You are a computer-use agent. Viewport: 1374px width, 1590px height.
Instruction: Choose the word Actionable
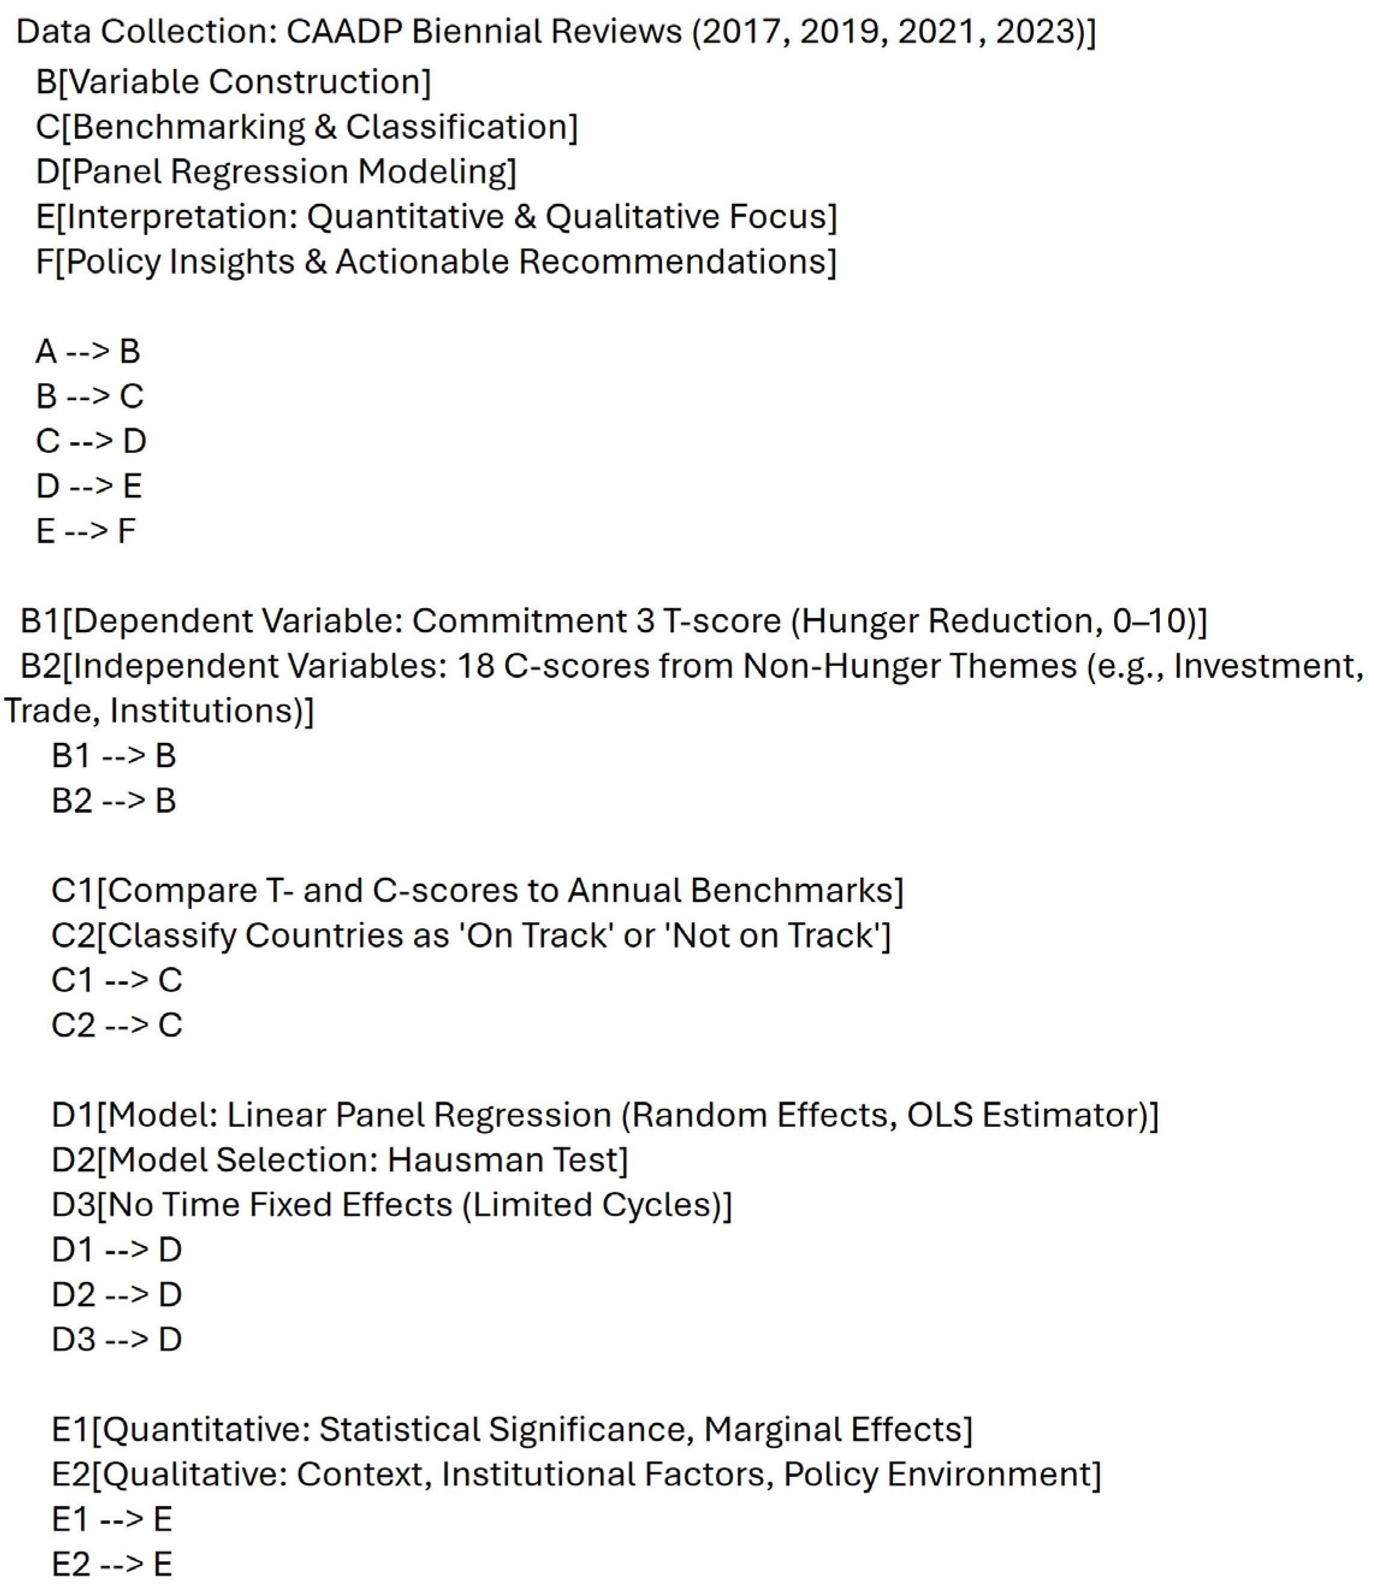pyautogui.click(x=424, y=262)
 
